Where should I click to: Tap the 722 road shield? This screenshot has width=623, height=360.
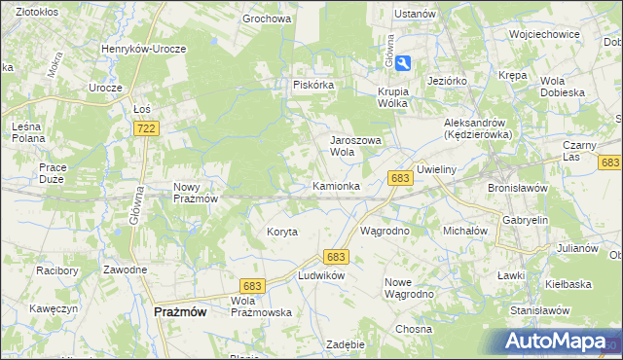click(147, 128)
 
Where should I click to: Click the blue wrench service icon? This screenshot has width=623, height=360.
click(404, 62)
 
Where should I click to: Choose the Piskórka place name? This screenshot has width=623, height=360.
click(314, 85)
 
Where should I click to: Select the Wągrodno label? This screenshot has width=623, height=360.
click(385, 232)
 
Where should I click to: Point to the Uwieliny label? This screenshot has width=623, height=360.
click(436, 169)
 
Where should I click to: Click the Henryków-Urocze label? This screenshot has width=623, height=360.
click(144, 48)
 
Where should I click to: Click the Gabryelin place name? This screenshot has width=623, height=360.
click(526, 221)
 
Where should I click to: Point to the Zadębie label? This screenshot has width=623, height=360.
click(346, 344)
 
